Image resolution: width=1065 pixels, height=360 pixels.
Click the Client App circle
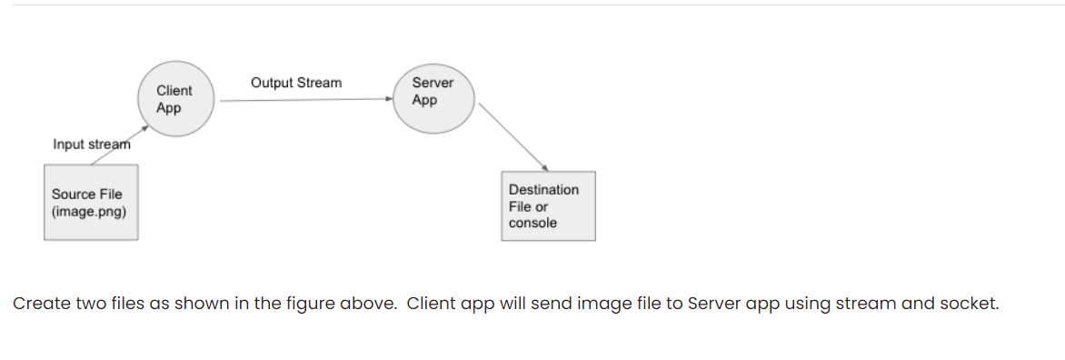point(175,100)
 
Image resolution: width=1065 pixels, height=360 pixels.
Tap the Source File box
point(91,202)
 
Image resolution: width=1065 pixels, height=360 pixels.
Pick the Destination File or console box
point(548,205)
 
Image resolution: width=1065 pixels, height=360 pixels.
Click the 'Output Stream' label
point(296,83)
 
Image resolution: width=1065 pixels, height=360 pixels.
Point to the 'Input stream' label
point(91,144)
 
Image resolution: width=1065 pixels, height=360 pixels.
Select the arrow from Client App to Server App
point(304,100)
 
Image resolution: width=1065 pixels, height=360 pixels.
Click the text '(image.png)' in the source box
point(89,212)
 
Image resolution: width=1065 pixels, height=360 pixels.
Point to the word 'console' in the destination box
point(532,223)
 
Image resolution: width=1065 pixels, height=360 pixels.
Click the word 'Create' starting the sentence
point(38,304)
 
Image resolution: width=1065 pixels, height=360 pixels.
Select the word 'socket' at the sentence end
point(971,304)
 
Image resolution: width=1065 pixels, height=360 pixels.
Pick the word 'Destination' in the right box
point(543,189)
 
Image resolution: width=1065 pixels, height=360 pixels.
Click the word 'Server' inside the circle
point(433,83)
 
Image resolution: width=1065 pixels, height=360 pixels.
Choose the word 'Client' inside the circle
point(174,91)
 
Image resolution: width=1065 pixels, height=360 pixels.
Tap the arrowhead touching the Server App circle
point(388,100)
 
